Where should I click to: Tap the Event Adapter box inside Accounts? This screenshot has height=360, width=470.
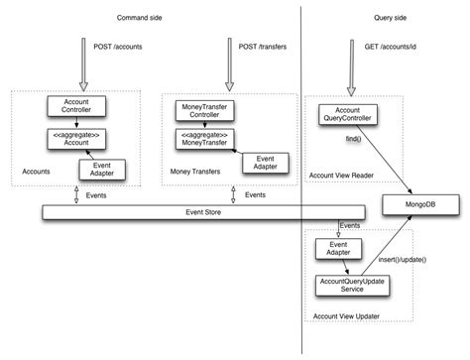(102, 170)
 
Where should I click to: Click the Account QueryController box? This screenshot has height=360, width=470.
(346, 117)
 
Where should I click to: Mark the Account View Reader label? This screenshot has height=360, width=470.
(342, 175)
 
